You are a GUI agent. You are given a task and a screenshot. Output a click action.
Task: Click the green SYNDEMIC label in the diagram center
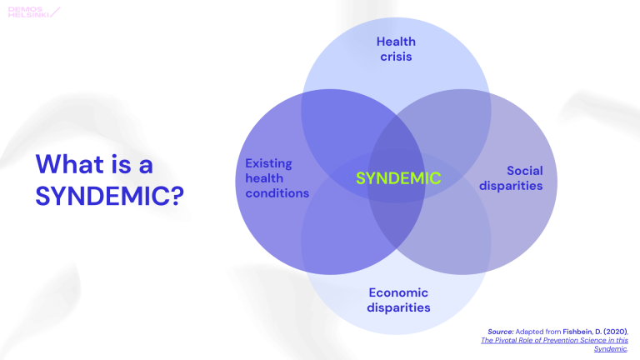pyautogui.click(x=397, y=178)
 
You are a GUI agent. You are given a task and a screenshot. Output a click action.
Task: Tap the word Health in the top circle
pyautogui.click(x=396, y=41)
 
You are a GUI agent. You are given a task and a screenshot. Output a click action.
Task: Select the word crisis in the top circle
pyautogui.click(x=396, y=57)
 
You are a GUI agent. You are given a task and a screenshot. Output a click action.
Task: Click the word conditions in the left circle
pyautogui.click(x=277, y=193)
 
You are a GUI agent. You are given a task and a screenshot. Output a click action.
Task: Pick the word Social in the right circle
pyautogui.click(x=524, y=170)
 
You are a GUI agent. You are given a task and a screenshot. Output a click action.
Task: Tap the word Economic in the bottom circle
pyautogui.click(x=398, y=292)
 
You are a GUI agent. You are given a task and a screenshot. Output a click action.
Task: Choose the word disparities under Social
pyautogui.click(x=511, y=185)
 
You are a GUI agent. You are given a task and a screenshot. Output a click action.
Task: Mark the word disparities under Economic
pyautogui.click(x=398, y=307)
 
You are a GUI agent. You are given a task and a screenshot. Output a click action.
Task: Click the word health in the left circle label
pyautogui.click(x=264, y=178)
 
